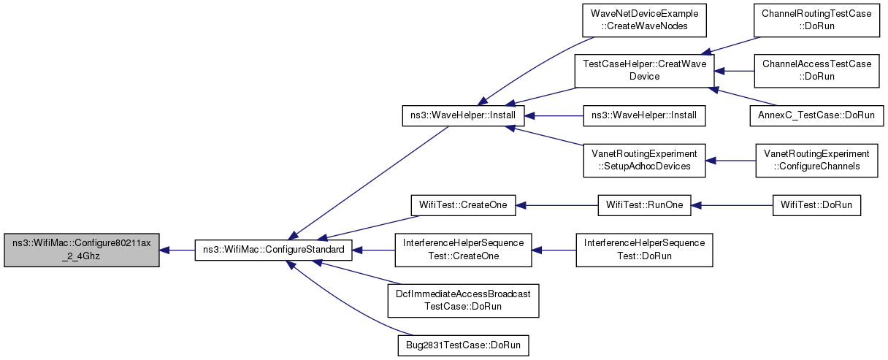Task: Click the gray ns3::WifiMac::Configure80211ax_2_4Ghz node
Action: [x=82, y=250]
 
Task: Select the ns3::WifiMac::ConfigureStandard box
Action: [x=273, y=250]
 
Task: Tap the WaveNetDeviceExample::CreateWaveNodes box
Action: [x=644, y=20]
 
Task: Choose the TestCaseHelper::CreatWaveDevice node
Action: [x=644, y=71]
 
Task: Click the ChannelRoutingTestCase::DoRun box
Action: [x=816, y=20]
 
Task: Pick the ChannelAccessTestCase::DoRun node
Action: [x=816, y=71]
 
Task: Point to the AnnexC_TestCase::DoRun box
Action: [x=816, y=116]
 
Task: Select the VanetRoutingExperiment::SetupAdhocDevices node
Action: [x=644, y=161]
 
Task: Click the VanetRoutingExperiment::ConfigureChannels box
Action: [x=816, y=161]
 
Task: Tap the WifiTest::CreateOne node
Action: [x=463, y=205]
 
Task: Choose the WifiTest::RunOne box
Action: [x=644, y=205]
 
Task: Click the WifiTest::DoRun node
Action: [x=816, y=205]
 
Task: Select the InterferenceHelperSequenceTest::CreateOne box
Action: [x=463, y=250]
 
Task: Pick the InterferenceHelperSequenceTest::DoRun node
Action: [x=644, y=250]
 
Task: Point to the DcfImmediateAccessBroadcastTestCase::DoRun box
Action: [x=463, y=301]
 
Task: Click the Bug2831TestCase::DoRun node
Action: [x=463, y=345]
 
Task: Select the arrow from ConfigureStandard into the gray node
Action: [x=177, y=250]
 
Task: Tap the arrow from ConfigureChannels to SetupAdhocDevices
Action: [x=730, y=161]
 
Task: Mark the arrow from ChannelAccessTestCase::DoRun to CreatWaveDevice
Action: [x=734, y=72]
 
